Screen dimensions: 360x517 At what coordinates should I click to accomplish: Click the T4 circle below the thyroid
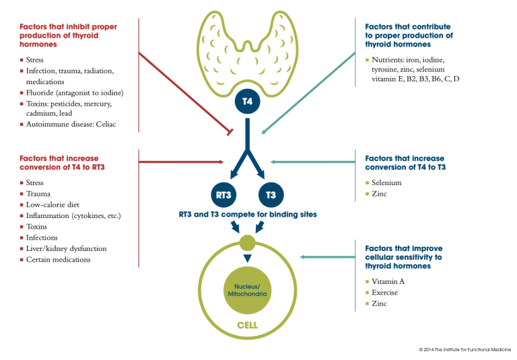247,102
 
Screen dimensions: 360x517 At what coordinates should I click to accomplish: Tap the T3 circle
271,194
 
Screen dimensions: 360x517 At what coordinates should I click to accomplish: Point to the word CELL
247,326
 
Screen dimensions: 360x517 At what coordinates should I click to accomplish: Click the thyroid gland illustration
247,50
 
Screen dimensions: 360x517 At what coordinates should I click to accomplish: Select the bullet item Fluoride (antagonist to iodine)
74,92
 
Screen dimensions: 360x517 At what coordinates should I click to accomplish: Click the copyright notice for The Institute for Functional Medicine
464,350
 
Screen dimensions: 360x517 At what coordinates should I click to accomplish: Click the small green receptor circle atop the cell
247,242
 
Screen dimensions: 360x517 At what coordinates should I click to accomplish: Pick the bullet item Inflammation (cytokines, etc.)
74,215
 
